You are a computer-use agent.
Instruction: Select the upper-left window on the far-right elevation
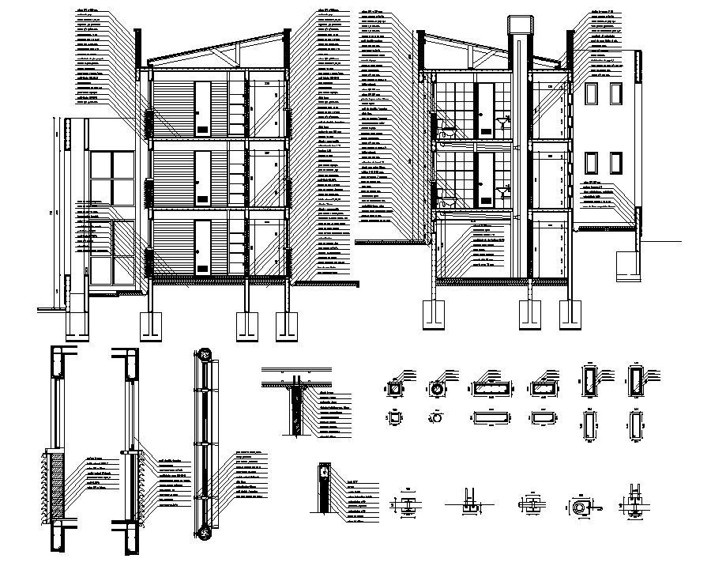pyautogui.click(x=592, y=94)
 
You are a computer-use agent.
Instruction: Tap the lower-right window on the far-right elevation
pyautogui.click(x=615, y=162)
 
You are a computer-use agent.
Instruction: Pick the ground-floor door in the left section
pyautogui.click(x=203, y=247)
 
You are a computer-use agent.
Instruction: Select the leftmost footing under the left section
pyautogui.click(x=150, y=324)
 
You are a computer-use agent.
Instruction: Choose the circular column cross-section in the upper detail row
pyautogui.click(x=434, y=389)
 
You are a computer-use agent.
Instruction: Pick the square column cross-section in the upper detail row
pyautogui.click(x=393, y=389)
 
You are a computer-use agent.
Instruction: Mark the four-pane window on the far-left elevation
pyautogui.click(x=111, y=178)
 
